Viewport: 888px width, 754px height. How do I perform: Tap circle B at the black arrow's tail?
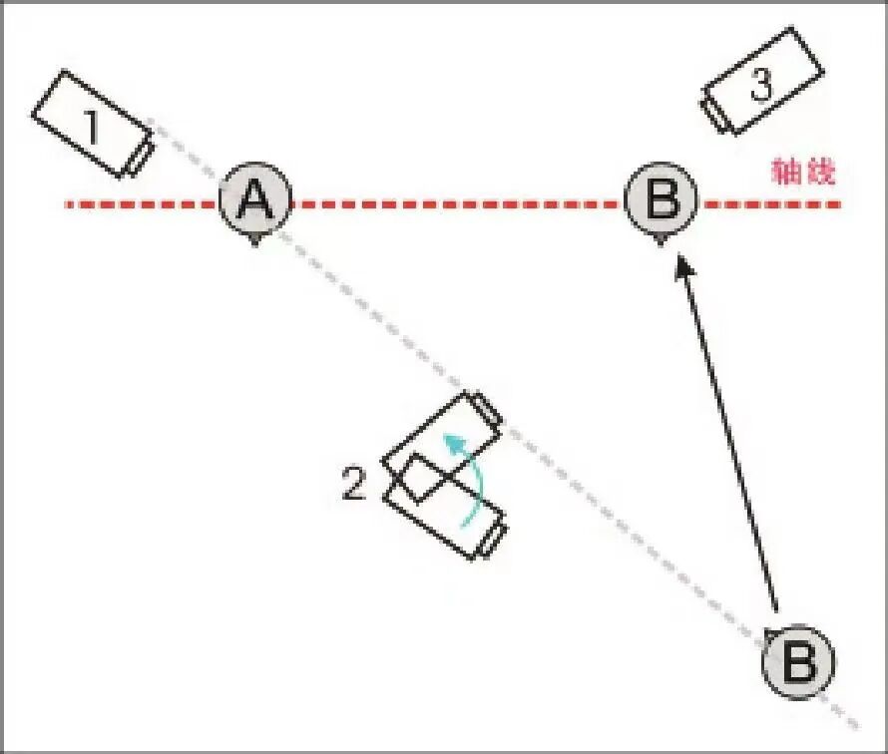(798, 661)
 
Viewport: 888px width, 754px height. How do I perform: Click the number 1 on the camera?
(91, 127)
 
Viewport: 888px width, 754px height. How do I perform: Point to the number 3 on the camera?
(760, 86)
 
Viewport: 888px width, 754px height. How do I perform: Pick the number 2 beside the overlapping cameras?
(354, 487)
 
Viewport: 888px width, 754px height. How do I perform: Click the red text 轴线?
(802, 173)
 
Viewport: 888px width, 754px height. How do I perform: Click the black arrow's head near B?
(682, 264)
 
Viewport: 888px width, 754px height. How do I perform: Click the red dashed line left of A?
(140, 204)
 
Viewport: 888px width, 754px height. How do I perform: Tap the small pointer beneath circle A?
(255, 240)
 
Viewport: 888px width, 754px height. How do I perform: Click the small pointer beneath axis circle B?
(662, 240)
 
